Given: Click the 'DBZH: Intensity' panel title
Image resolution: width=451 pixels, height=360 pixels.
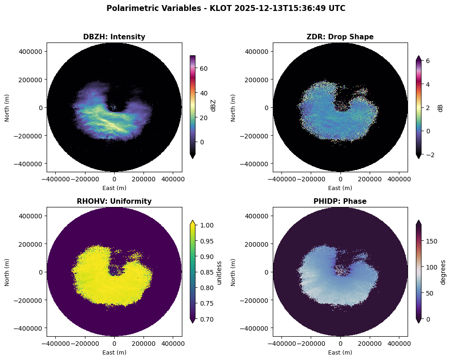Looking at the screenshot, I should pos(114,37).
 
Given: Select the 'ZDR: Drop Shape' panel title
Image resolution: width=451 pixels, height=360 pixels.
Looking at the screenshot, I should pos(340,37).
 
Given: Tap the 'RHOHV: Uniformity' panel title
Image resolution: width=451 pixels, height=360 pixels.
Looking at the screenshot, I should pos(114,201).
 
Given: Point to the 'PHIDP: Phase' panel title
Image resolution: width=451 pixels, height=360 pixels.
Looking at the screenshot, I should pos(340,201).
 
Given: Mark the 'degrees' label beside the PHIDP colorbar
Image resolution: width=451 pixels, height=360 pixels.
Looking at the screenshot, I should pos(443,272).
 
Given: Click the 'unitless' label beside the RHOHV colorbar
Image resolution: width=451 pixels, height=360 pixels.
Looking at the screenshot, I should pos(220,272).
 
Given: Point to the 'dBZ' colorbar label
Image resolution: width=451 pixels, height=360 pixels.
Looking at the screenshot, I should pos(212,106).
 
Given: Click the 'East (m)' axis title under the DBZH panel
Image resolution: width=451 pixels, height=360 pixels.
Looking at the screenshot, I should pos(114,188).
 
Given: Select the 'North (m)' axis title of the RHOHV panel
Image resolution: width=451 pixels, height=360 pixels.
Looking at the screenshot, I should pos(7,272).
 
